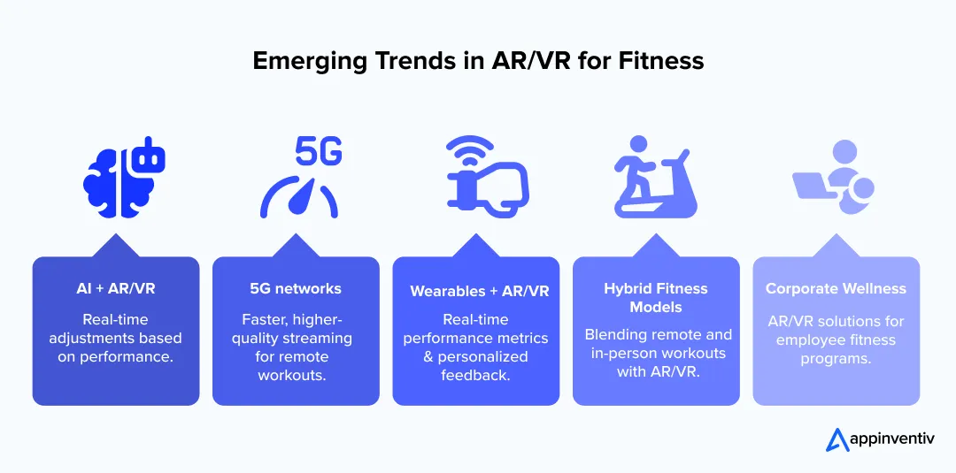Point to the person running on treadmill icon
tap(655, 180)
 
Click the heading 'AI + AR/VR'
tap(116, 288)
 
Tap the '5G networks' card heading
tap(296, 288)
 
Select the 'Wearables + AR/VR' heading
tap(479, 291)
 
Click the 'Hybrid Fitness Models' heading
tap(656, 297)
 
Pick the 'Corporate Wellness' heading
tap(836, 288)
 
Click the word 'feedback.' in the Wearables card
tap(475, 375)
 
